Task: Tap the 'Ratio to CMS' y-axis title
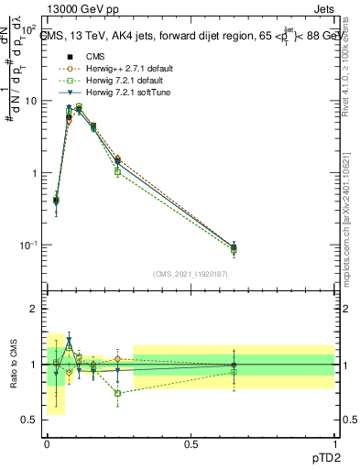tap(13, 364)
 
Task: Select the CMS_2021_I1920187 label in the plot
tap(190, 274)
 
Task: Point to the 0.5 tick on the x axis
tap(191, 442)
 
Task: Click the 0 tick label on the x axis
tap(47, 442)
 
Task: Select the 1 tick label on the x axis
tap(334, 442)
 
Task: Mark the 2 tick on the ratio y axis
tap(37, 309)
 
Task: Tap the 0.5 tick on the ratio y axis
tap(32, 420)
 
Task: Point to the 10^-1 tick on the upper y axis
tap(29, 245)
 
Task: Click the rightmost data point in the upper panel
tap(234, 247)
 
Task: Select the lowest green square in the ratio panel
tap(118, 393)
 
